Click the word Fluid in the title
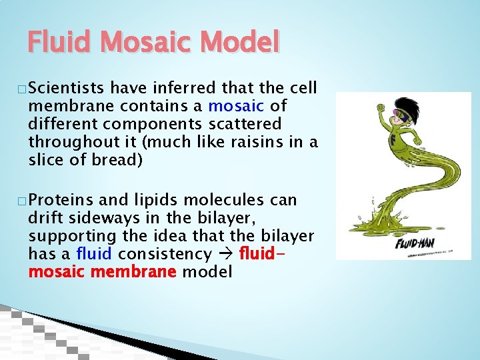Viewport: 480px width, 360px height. [x=59, y=43]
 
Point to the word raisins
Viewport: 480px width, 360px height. [x=257, y=143]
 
